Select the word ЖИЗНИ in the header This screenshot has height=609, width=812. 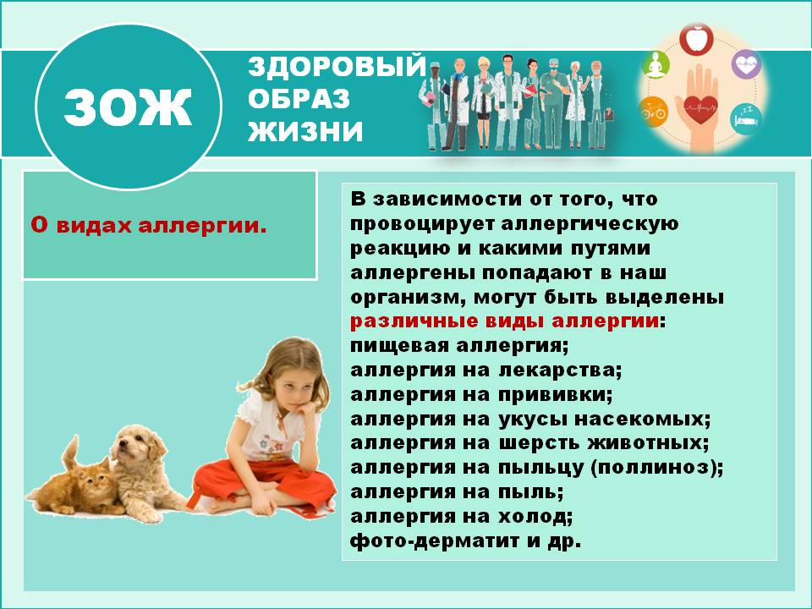pyautogui.click(x=305, y=132)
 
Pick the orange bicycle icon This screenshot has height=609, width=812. pyautogui.click(x=654, y=109)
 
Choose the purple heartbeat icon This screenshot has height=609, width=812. pyautogui.click(x=746, y=63)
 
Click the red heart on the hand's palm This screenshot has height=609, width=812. pyautogui.click(x=700, y=108)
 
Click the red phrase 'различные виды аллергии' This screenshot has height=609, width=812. pyautogui.click(x=504, y=322)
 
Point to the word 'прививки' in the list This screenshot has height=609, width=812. pyautogui.click(x=566, y=395)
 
